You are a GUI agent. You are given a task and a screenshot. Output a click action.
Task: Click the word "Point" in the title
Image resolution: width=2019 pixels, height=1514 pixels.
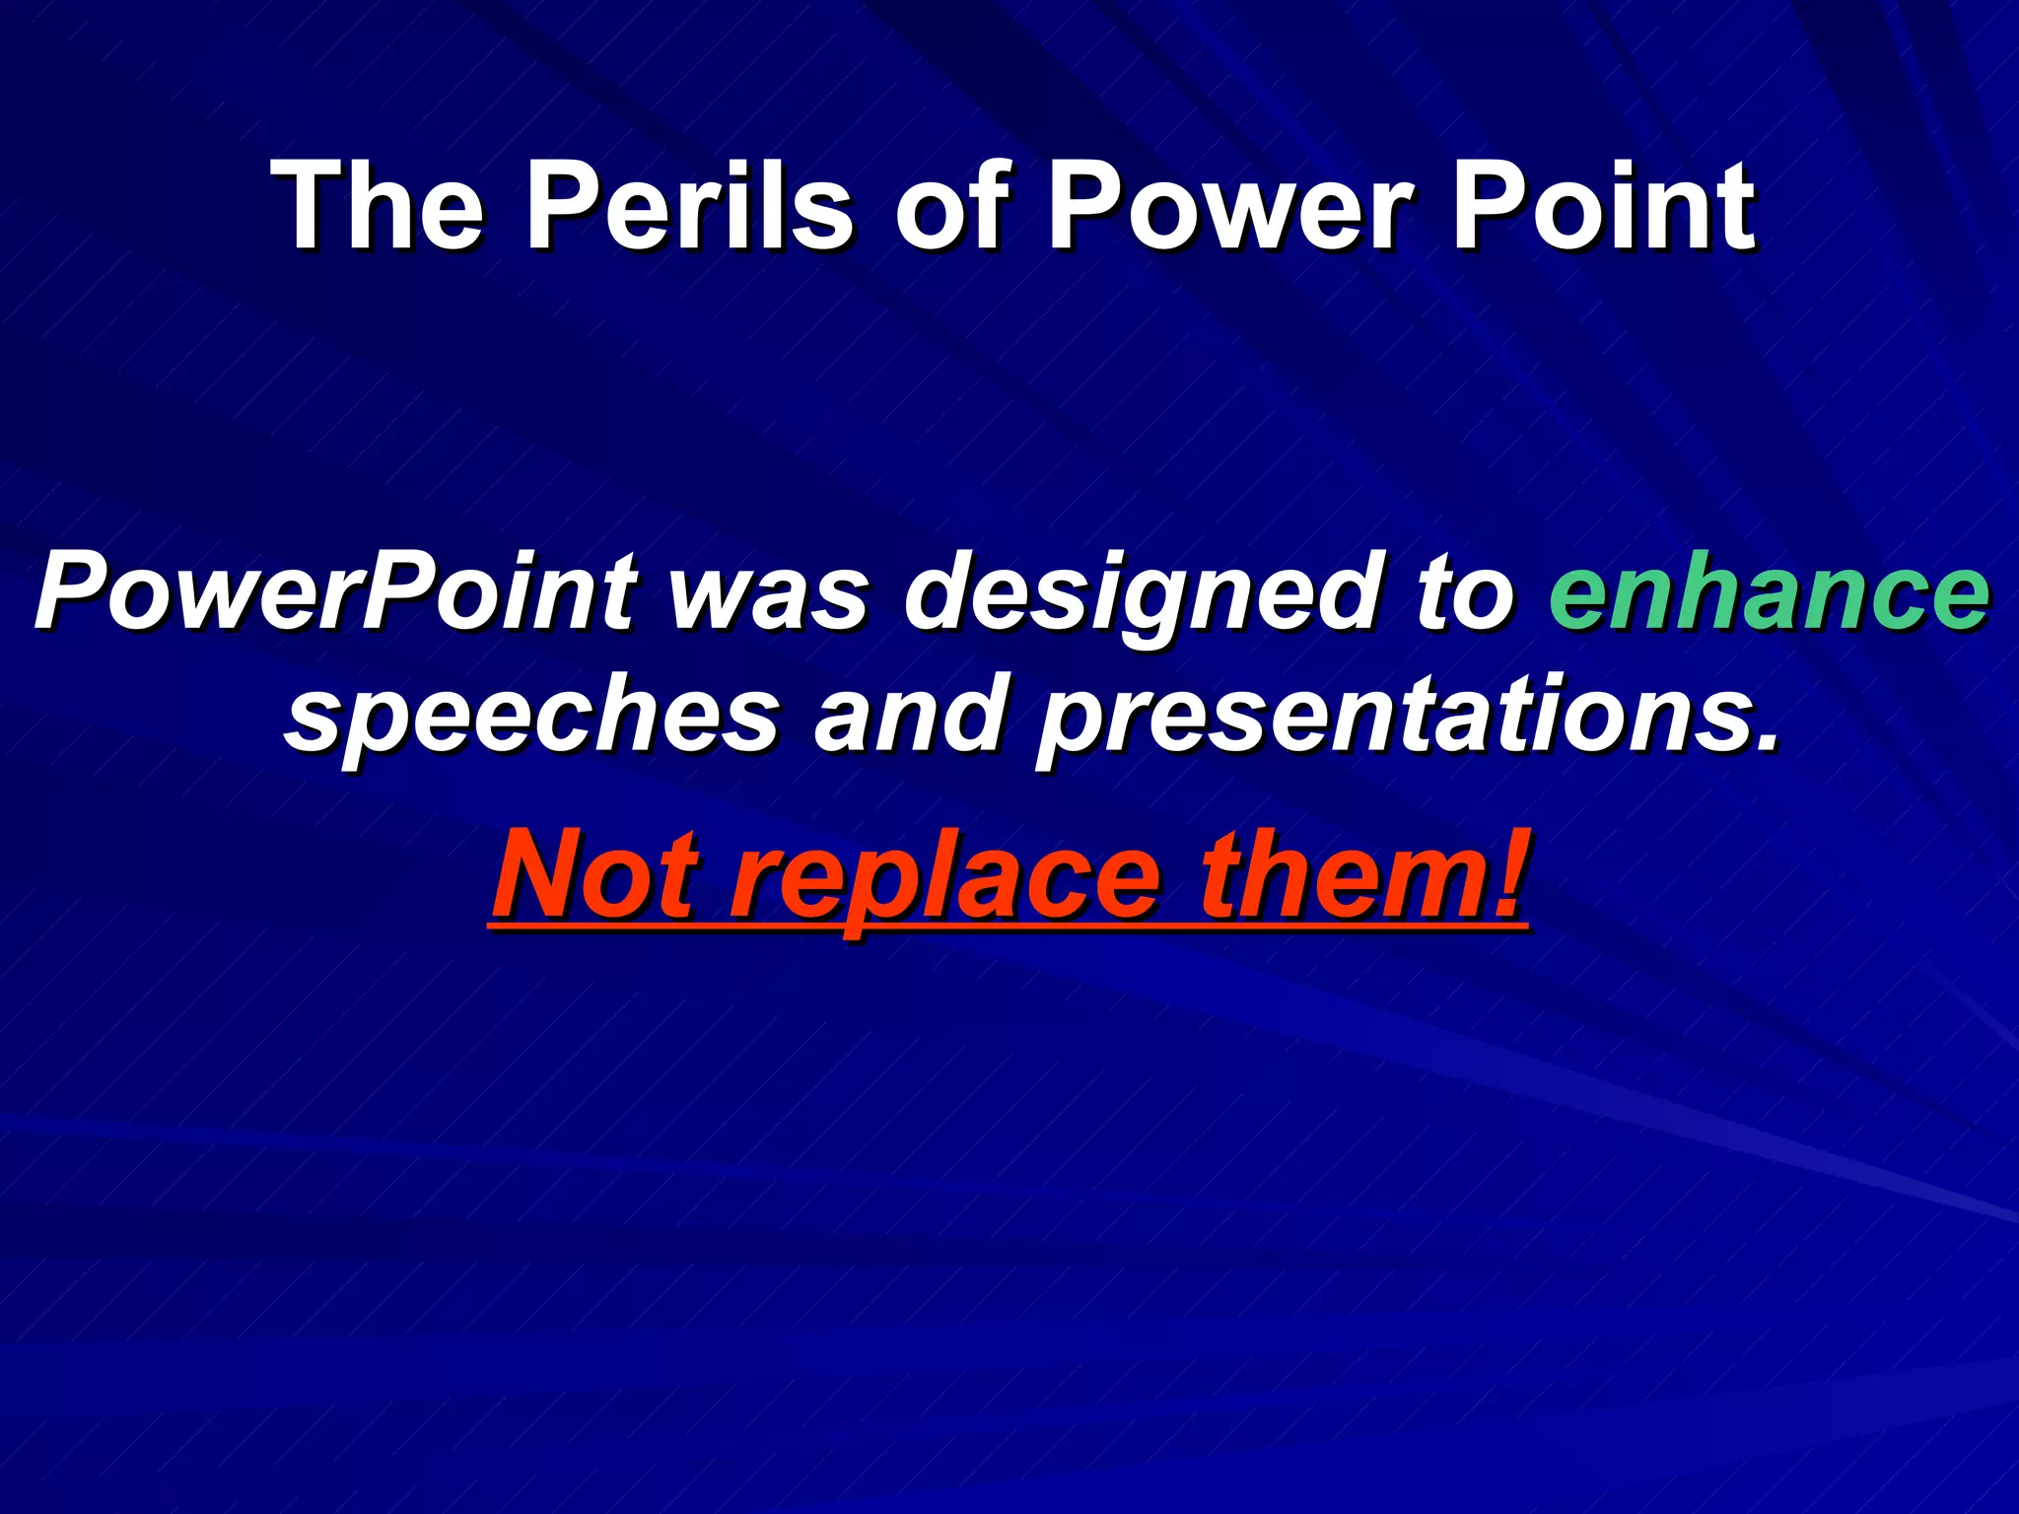point(1602,207)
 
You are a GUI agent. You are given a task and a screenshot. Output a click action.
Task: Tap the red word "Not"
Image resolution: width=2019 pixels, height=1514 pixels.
point(594,873)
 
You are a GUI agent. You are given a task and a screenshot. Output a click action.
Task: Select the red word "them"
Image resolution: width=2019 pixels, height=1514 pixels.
point(1332,873)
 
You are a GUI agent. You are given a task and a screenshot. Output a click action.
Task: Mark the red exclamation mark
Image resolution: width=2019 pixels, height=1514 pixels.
point(1507,871)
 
